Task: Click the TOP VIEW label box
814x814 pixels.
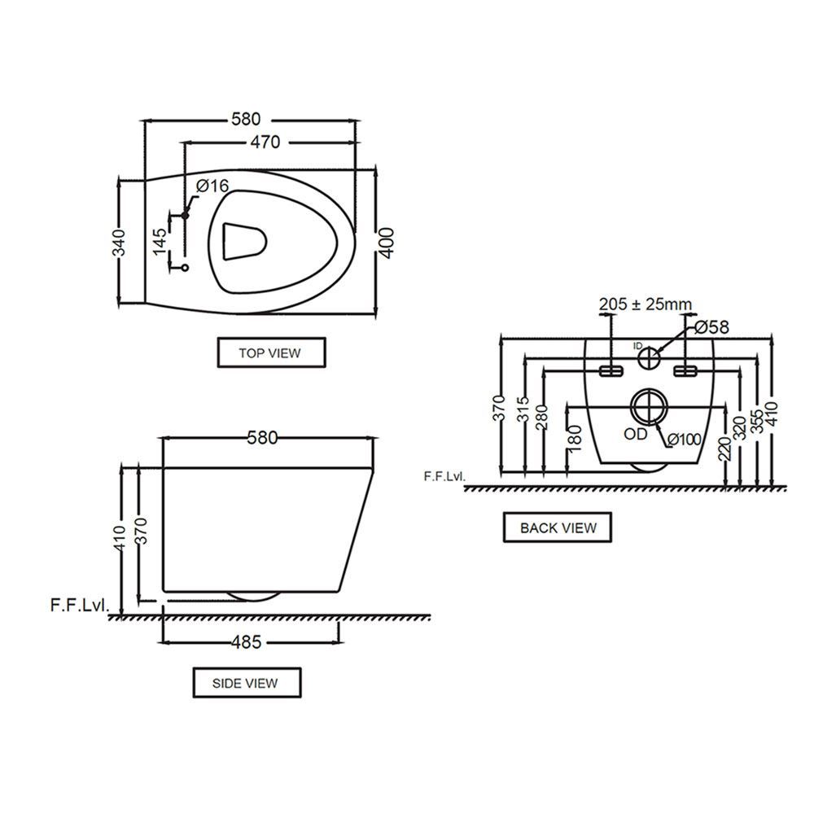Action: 272,353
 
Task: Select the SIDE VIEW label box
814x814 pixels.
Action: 247,683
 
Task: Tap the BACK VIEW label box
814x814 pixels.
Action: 558,527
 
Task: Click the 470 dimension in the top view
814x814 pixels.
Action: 265,142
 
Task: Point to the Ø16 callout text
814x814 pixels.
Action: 212,186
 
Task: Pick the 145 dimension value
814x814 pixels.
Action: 160,242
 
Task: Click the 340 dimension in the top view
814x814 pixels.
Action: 120,243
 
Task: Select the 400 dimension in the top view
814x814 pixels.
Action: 386,243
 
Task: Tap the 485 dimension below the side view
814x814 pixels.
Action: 247,642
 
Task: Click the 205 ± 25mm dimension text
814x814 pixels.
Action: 646,304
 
